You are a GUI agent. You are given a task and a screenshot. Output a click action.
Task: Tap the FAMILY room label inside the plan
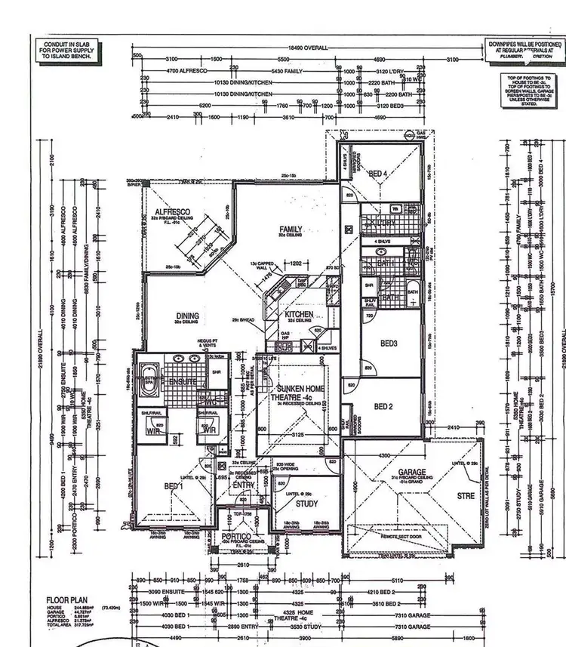coord(291,229)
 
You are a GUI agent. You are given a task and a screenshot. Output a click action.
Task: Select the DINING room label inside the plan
coord(188,316)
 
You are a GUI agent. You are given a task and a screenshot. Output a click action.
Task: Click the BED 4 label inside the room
coord(377,174)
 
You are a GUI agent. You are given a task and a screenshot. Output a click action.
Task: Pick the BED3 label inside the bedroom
coord(389,344)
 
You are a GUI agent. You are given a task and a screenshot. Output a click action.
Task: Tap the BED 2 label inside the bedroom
coord(384,407)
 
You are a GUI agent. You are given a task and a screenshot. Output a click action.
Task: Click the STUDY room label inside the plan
coord(306,504)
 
